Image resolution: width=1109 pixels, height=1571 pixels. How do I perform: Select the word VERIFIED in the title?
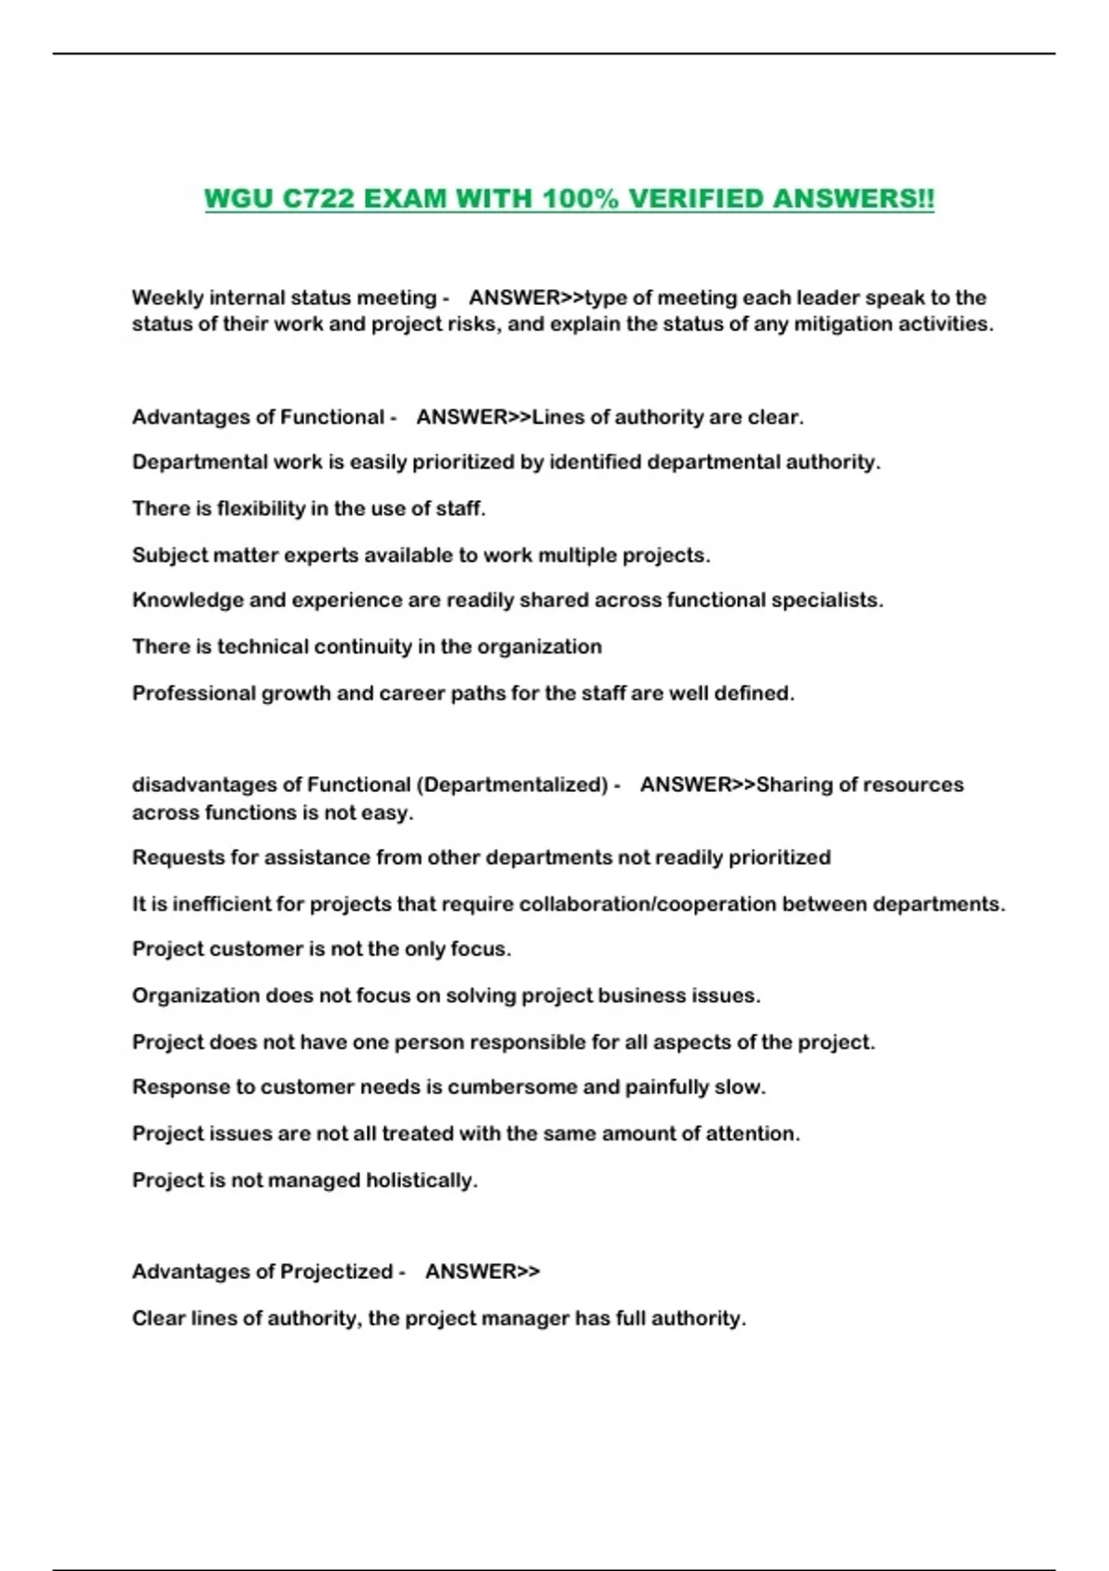[696, 199]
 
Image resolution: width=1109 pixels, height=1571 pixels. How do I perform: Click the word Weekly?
[167, 298]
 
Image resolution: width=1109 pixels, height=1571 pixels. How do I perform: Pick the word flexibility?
[261, 508]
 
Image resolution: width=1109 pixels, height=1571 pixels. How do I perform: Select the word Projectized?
[336, 1272]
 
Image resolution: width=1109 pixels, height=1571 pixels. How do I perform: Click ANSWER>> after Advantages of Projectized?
[482, 1272]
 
